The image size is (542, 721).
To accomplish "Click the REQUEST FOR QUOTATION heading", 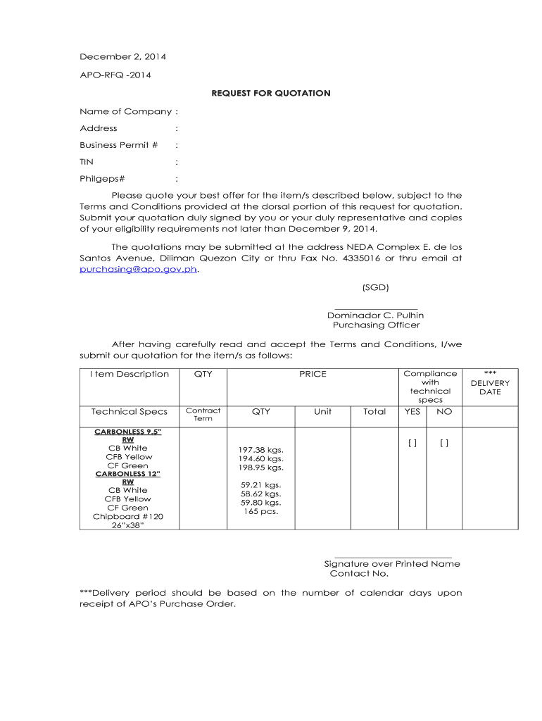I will tap(271, 93).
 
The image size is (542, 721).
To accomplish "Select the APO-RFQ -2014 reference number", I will tap(115, 75).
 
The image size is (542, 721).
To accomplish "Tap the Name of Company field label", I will tap(126, 111).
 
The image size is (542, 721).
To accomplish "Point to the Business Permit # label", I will tap(119, 145).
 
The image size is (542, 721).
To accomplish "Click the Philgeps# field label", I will tap(102, 179).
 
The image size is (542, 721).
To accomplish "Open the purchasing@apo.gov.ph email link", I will tap(139, 269).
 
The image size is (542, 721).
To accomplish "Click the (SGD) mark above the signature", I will tap(376, 287).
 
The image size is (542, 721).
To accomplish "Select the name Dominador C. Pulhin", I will tap(375, 315).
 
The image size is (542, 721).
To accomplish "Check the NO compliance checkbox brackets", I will tap(444, 443).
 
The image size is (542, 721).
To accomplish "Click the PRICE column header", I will tap(313, 374).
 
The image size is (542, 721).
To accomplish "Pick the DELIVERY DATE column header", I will tap(490, 387).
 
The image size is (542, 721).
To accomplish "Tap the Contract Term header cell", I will tap(203, 415).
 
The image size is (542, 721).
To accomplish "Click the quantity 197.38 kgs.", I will tap(260, 449).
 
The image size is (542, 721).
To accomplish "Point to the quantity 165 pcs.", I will tap(260, 511).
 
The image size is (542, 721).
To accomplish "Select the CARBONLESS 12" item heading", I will tap(128, 474).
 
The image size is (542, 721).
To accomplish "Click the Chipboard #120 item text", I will tap(128, 517).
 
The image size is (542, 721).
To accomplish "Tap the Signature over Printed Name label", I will tap(392, 564).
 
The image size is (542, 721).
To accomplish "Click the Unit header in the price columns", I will tap(323, 411).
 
